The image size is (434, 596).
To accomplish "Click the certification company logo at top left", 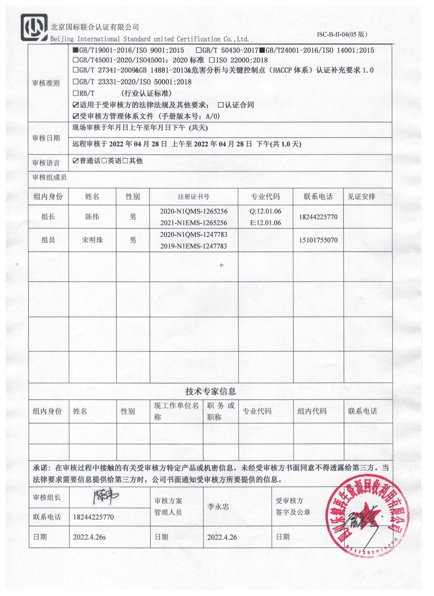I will pos(34,27).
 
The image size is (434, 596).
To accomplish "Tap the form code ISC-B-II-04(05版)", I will pos(342,34).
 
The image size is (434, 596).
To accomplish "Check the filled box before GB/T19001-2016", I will pos(75,50).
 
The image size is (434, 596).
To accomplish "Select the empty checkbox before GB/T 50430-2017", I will pos(199,50).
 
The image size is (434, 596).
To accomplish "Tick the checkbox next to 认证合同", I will pos(221,105).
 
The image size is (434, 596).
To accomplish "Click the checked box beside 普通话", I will pos(76,161).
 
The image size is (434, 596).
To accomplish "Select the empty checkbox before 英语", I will pos(104,161).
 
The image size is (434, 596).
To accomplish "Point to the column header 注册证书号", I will pos(194,197).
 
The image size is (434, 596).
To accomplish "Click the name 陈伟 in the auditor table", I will pos(92,217).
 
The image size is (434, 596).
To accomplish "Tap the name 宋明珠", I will pos(92,240).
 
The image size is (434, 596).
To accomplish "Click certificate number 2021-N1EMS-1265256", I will pos(194,223).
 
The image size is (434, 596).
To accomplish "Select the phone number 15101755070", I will pos(318,240).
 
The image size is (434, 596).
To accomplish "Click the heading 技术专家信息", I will pos(211,392).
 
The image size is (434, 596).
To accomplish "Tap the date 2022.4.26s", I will pos(90,537).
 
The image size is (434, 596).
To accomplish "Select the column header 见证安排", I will pos(361,197).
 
